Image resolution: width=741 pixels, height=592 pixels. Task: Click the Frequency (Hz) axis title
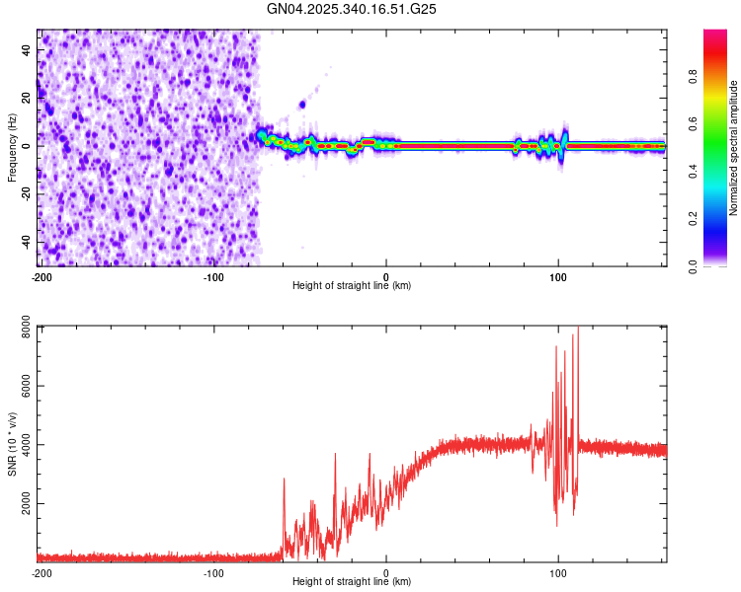coord(12,147)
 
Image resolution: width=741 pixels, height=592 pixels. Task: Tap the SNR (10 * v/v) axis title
coord(12,443)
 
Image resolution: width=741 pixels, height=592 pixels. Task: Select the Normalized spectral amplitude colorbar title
coord(733,148)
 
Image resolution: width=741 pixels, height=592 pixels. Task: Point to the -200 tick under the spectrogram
coord(41,275)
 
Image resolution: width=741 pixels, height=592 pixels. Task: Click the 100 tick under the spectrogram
coord(558,275)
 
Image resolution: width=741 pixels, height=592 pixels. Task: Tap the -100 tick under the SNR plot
coord(213,571)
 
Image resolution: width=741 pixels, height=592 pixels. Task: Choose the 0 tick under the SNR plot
coord(386,571)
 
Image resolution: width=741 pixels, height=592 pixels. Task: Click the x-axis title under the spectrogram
coord(352,286)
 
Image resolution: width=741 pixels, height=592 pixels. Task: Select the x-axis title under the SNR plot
coord(352,582)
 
